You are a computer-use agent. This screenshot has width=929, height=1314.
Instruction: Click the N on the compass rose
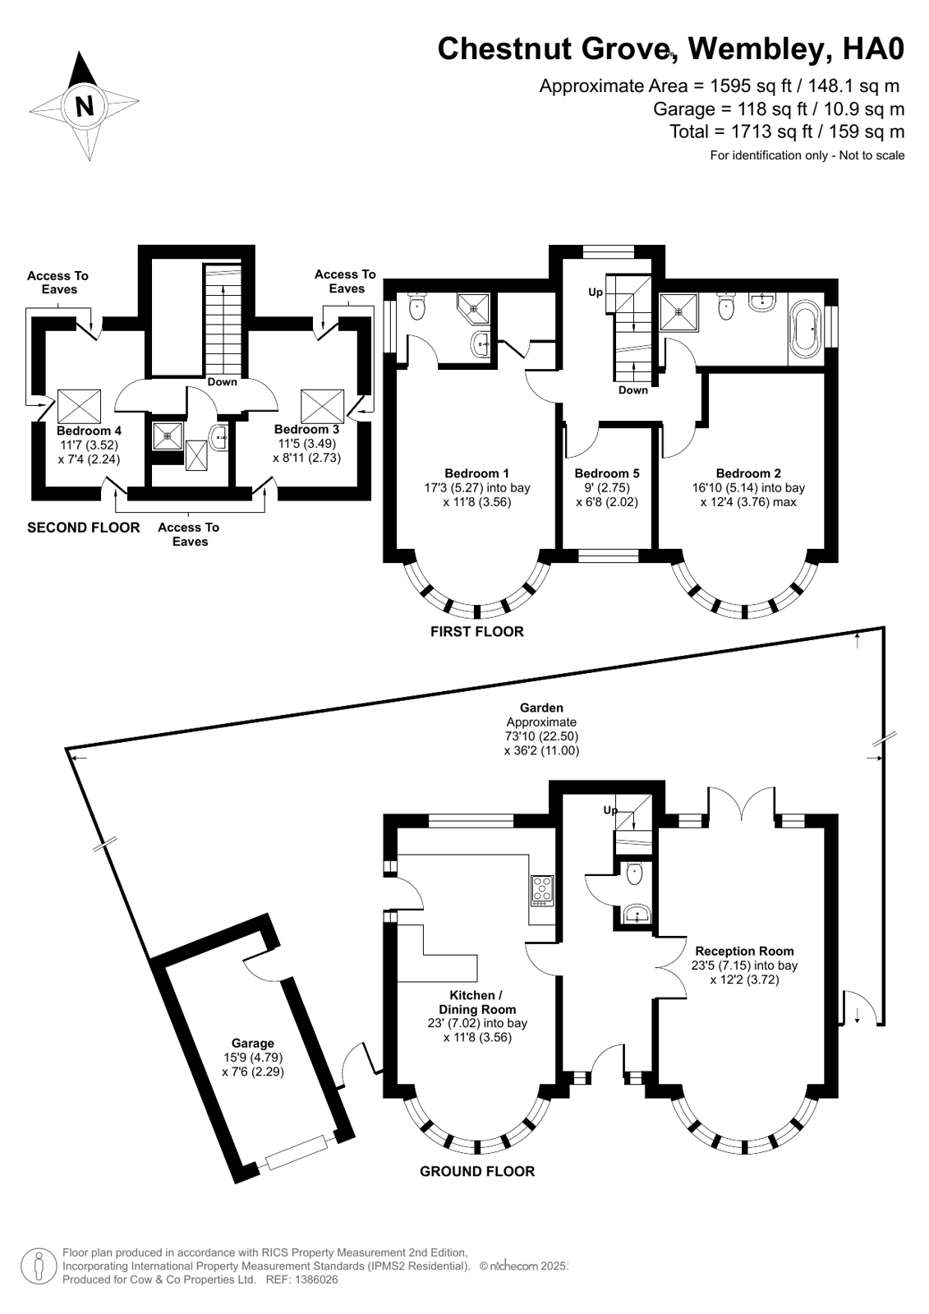pos(84,106)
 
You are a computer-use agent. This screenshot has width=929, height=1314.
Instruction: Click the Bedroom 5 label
pos(606,473)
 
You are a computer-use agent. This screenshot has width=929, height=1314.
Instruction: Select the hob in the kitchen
pos(542,891)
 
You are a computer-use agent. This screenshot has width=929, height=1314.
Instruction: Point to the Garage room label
pos(252,1044)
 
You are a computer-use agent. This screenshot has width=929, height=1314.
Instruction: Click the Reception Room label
pos(744,951)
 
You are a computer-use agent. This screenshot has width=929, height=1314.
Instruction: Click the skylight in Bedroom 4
pos(79,407)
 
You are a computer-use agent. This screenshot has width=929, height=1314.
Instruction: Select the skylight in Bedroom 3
pos(321,407)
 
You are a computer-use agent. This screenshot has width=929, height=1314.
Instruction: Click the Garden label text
pos(541,708)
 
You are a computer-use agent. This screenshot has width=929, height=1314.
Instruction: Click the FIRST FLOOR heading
pos(476,631)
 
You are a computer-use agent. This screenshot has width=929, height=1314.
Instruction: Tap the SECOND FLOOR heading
pos(83,527)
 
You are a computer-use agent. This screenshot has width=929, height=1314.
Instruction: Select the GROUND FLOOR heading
pos(476,1171)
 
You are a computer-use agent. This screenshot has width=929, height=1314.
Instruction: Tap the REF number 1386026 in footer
pos(310,1279)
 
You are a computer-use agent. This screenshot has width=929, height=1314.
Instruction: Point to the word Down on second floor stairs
pos(222,381)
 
